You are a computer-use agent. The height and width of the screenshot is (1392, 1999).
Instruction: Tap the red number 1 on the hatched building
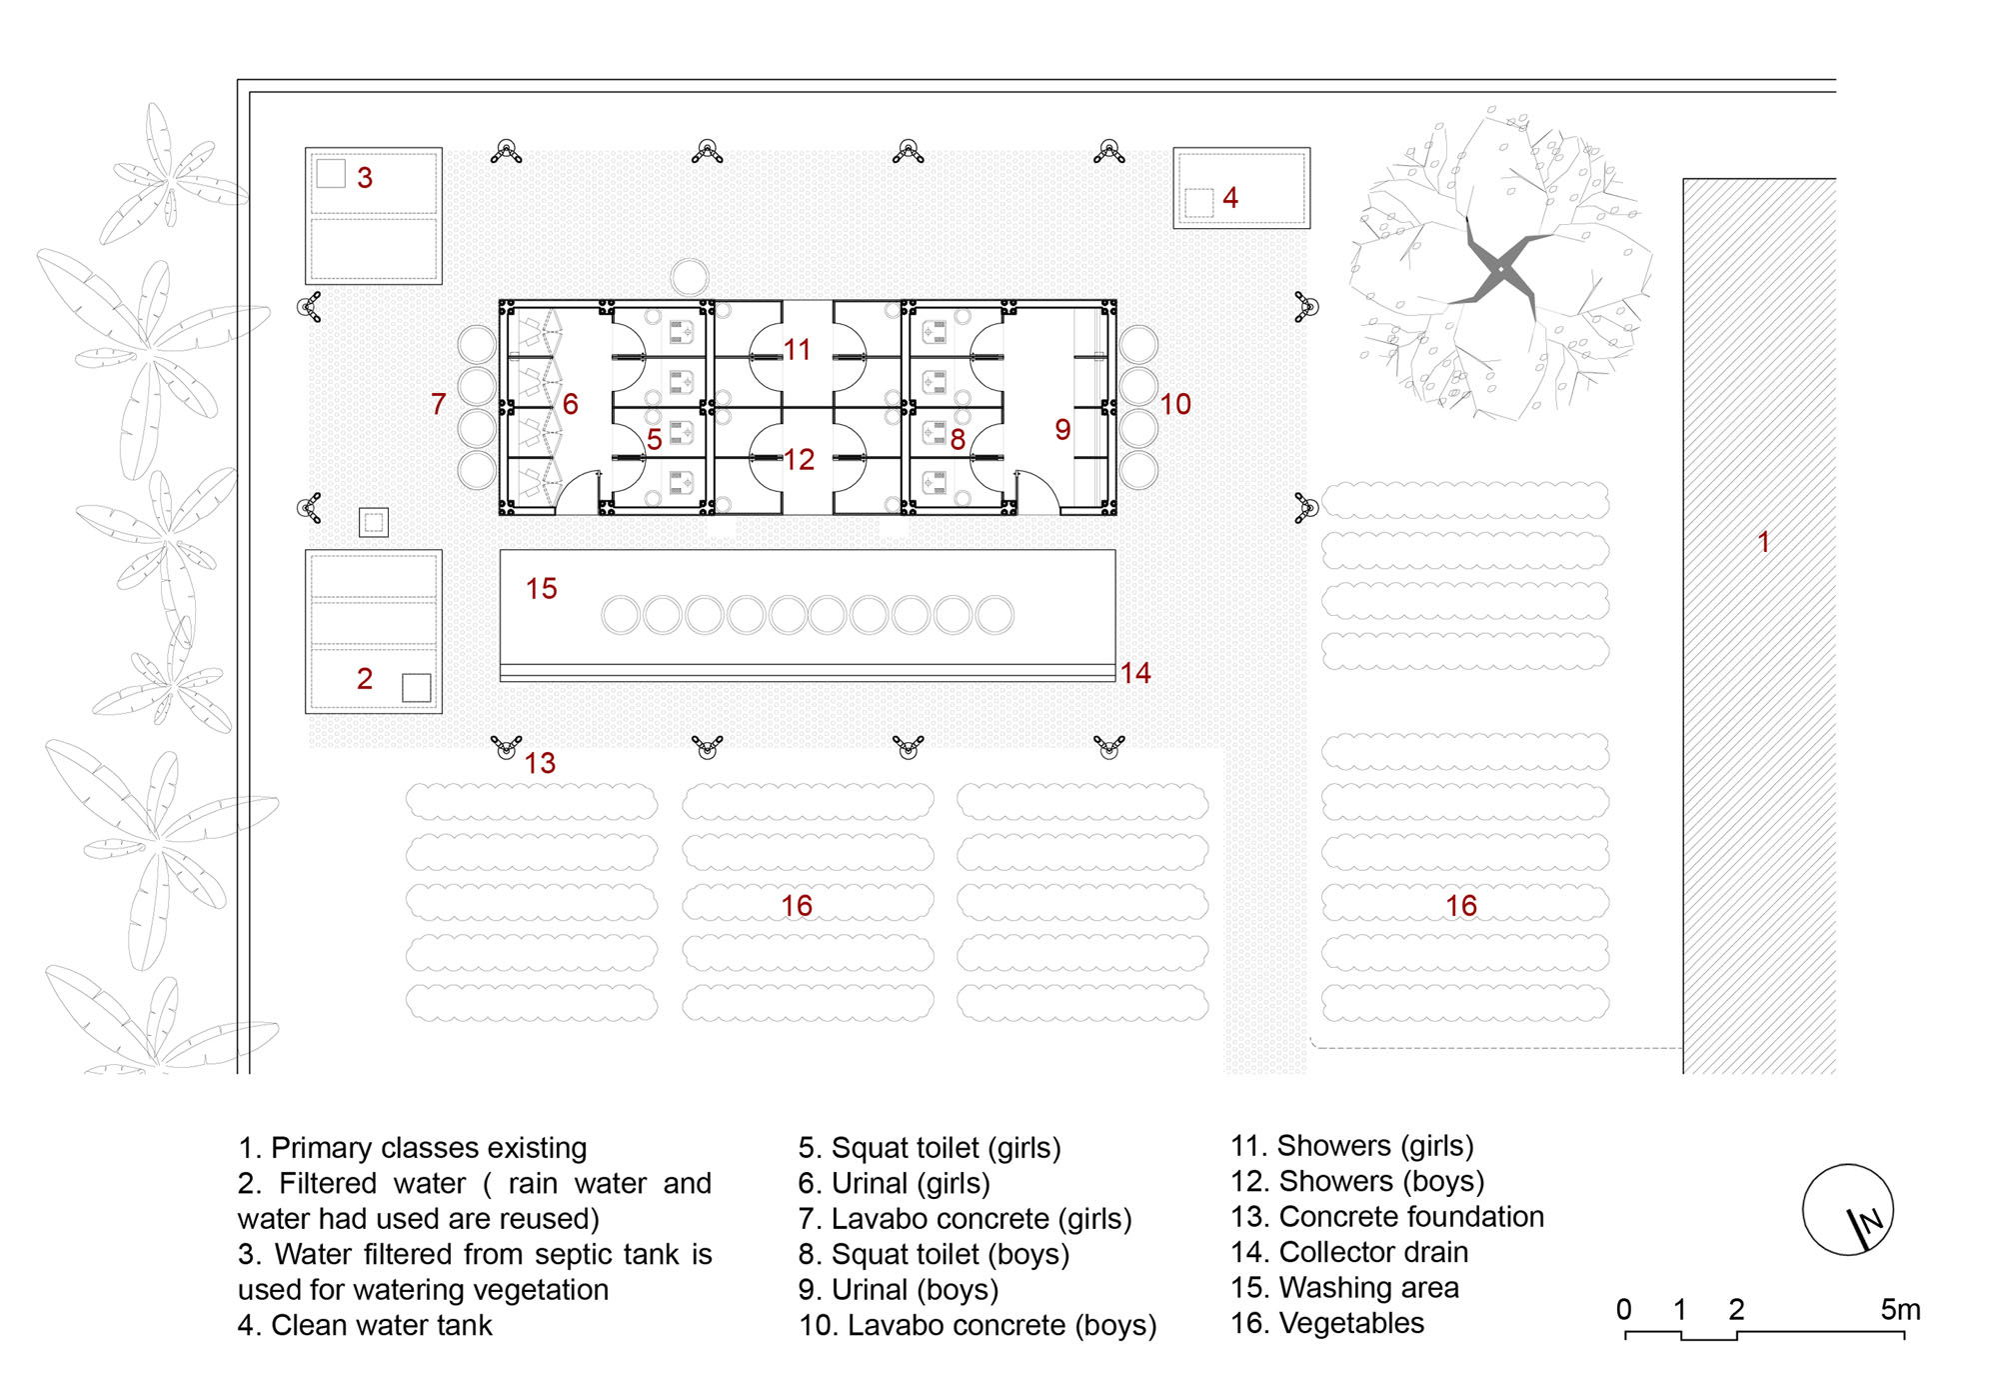tap(1764, 542)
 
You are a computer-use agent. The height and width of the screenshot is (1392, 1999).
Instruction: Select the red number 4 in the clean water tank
tap(1230, 198)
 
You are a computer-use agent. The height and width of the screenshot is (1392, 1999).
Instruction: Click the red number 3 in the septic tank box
tap(365, 178)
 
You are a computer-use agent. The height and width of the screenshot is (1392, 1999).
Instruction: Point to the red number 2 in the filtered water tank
tap(365, 679)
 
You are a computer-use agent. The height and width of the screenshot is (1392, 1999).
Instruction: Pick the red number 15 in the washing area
tap(542, 589)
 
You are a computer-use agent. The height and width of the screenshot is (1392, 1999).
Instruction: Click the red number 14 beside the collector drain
tap(1135, 673)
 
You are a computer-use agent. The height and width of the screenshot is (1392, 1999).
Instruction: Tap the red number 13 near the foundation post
tap(541, 763)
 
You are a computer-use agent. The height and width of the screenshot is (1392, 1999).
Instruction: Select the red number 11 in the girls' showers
tap(797, 350)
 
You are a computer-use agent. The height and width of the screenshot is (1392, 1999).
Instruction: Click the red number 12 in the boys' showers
tap(800, 460)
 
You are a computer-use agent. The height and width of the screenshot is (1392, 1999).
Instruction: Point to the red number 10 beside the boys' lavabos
tap(1175, 404)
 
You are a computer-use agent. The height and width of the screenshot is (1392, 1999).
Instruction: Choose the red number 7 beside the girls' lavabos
tap(438, 404)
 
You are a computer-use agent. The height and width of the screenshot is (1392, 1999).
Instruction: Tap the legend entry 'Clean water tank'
tap(382, 1325)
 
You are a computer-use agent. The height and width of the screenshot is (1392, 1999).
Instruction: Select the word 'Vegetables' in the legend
tap(1351, 1323)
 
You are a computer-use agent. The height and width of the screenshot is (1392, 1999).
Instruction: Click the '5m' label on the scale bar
tap(1900, 1310)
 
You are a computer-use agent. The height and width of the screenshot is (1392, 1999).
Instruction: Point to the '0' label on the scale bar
tap(1624, 1310)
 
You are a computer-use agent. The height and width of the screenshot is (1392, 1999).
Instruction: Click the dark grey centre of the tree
tap(1500, 269)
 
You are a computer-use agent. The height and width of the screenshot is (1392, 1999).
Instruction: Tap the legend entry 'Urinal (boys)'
tap(915, 1290)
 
